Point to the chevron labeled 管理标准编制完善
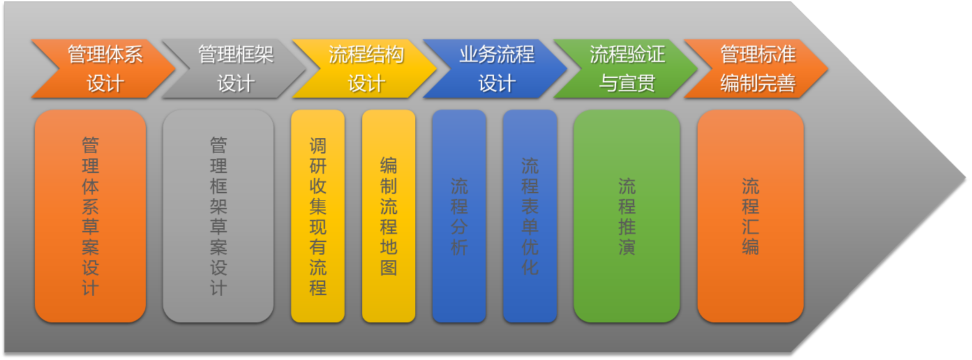point(756,68)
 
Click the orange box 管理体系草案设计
point(90,216)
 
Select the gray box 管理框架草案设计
point(218,216)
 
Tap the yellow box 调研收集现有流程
point(317,216)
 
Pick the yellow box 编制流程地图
point(389,216)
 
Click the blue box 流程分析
point(459,216)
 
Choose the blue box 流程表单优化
point(530,216)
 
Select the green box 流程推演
point(627,216)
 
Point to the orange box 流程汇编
point(750,216)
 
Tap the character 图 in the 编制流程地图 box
point(389,267)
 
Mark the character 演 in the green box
point(627,247)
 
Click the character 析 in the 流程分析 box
point(459,247)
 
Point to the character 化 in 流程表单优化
point(530,267)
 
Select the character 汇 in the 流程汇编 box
point(750,227)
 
